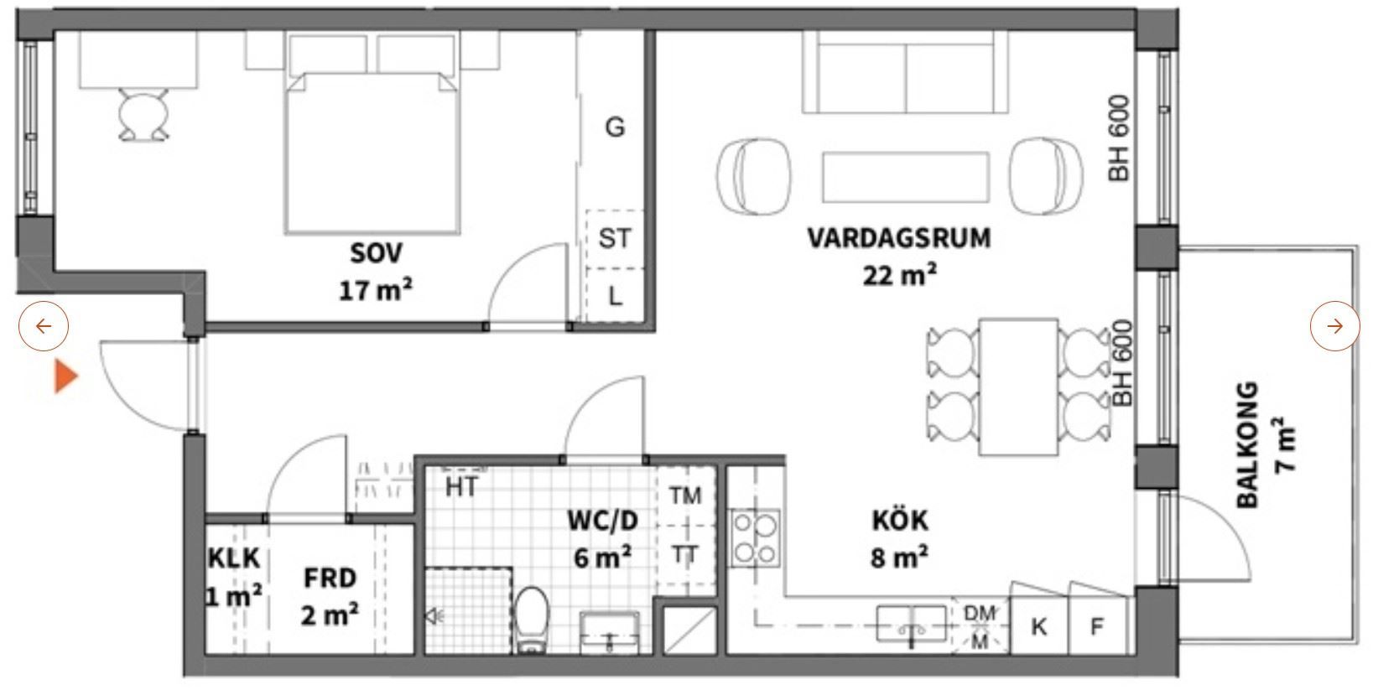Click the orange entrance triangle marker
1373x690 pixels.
[65, 376]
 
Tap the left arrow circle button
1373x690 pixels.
[44, 326]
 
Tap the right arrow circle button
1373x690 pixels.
[1334, 326]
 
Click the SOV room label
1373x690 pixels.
[376, 252]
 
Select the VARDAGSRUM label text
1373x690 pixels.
[898, 238]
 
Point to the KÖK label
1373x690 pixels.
[900, 520]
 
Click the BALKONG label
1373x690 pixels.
[1246, 445]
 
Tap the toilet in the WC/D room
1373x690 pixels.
[531, 620]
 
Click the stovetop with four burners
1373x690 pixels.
[755, 538]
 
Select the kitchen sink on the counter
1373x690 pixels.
[912, 624]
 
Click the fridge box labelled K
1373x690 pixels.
[1039, 625]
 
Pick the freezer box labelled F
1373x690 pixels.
[1098, 625]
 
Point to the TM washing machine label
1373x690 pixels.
[685, 495]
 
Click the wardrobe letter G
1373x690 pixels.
[615, 127]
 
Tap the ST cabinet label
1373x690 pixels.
[614, 238]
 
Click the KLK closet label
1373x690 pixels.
[234, 558]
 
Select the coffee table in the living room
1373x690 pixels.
[905, 177]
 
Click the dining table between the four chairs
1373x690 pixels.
[1019, 387]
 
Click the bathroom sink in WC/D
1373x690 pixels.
[609, 631]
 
